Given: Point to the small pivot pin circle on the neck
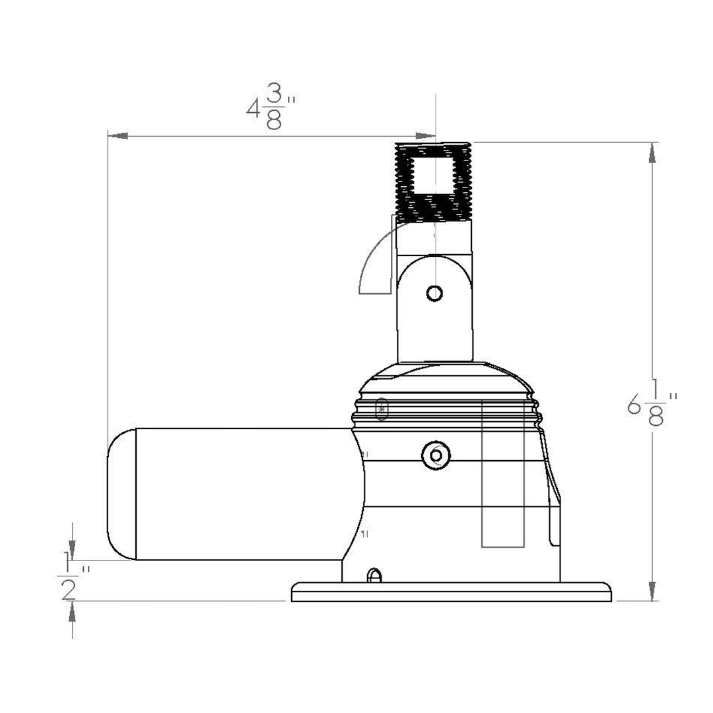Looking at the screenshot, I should tap(434, 292).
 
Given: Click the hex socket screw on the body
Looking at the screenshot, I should tap(435, 455).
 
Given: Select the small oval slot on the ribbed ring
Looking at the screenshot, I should tap(382, 409).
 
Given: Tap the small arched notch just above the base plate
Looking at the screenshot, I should tap(374, 576).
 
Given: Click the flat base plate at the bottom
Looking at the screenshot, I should tap(452, 592).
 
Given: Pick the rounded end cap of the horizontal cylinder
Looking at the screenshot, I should tap(121, 494).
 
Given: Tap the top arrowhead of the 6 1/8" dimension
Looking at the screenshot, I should tap(652, 153).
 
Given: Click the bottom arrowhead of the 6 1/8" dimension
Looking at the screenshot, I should tap(652, 590).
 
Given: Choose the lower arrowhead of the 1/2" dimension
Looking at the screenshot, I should tap(72, 612).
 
